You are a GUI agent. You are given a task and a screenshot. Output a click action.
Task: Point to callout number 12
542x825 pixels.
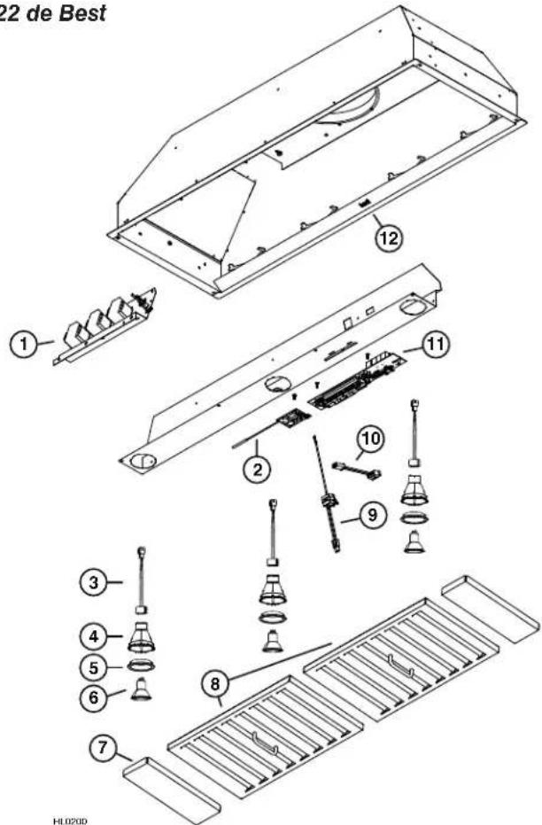click(386, 237)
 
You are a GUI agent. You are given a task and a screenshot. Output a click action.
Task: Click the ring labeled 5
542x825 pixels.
click(139, 666)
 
